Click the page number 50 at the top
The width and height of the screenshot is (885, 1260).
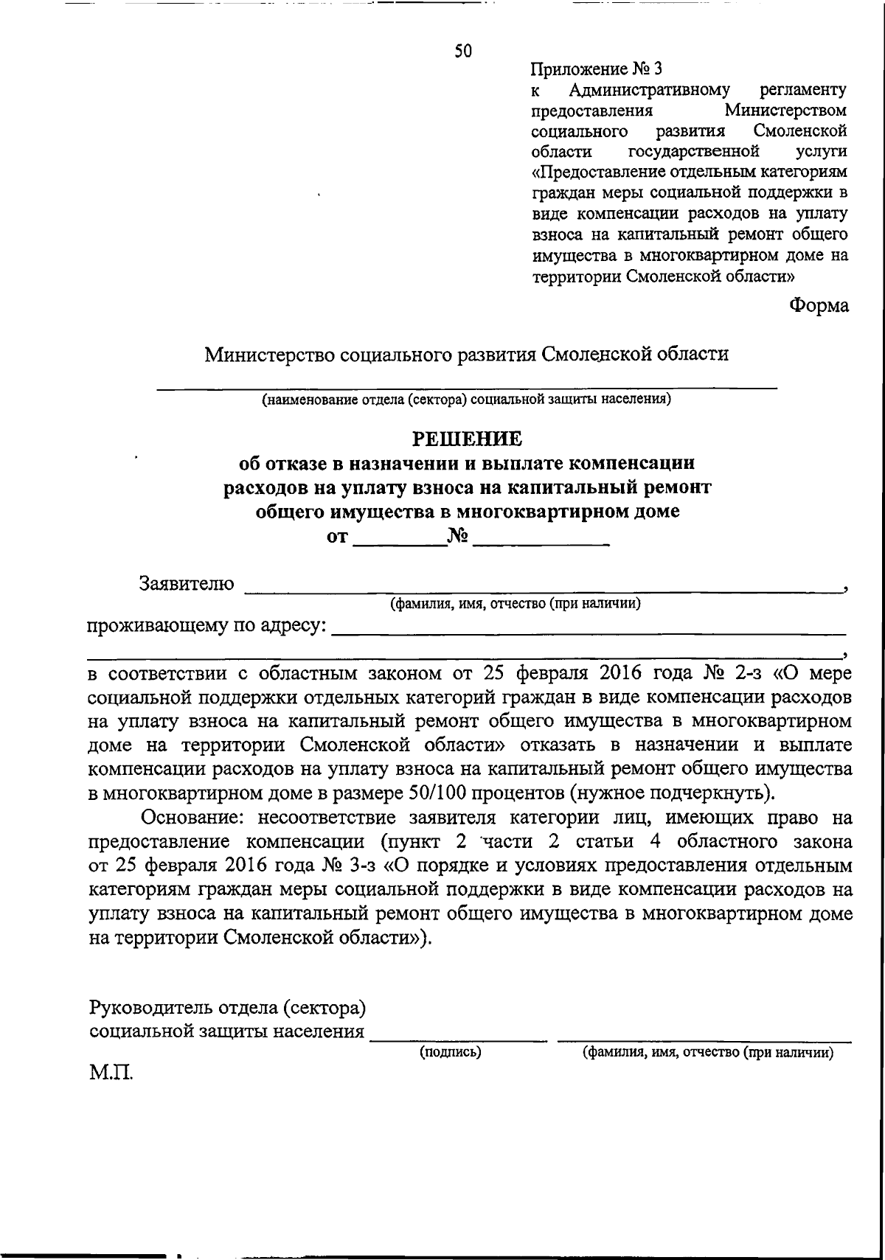tap(462, 51)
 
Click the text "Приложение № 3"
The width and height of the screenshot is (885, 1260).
tap(596, 69)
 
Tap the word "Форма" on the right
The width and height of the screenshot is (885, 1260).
tap(819, 306)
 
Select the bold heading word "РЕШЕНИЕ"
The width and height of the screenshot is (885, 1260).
tap(466, 439)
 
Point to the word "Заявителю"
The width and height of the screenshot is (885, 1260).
tap(187, 584)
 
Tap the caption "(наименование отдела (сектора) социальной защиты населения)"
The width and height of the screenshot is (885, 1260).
tap(466, 400)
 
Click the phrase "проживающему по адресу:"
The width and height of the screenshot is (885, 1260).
tap(208, 626)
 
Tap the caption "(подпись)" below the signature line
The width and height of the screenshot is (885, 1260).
tap(450, 1052)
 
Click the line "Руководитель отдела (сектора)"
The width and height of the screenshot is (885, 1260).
tap(227, 1007)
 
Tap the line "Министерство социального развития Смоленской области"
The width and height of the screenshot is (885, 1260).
tap(466, 355)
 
